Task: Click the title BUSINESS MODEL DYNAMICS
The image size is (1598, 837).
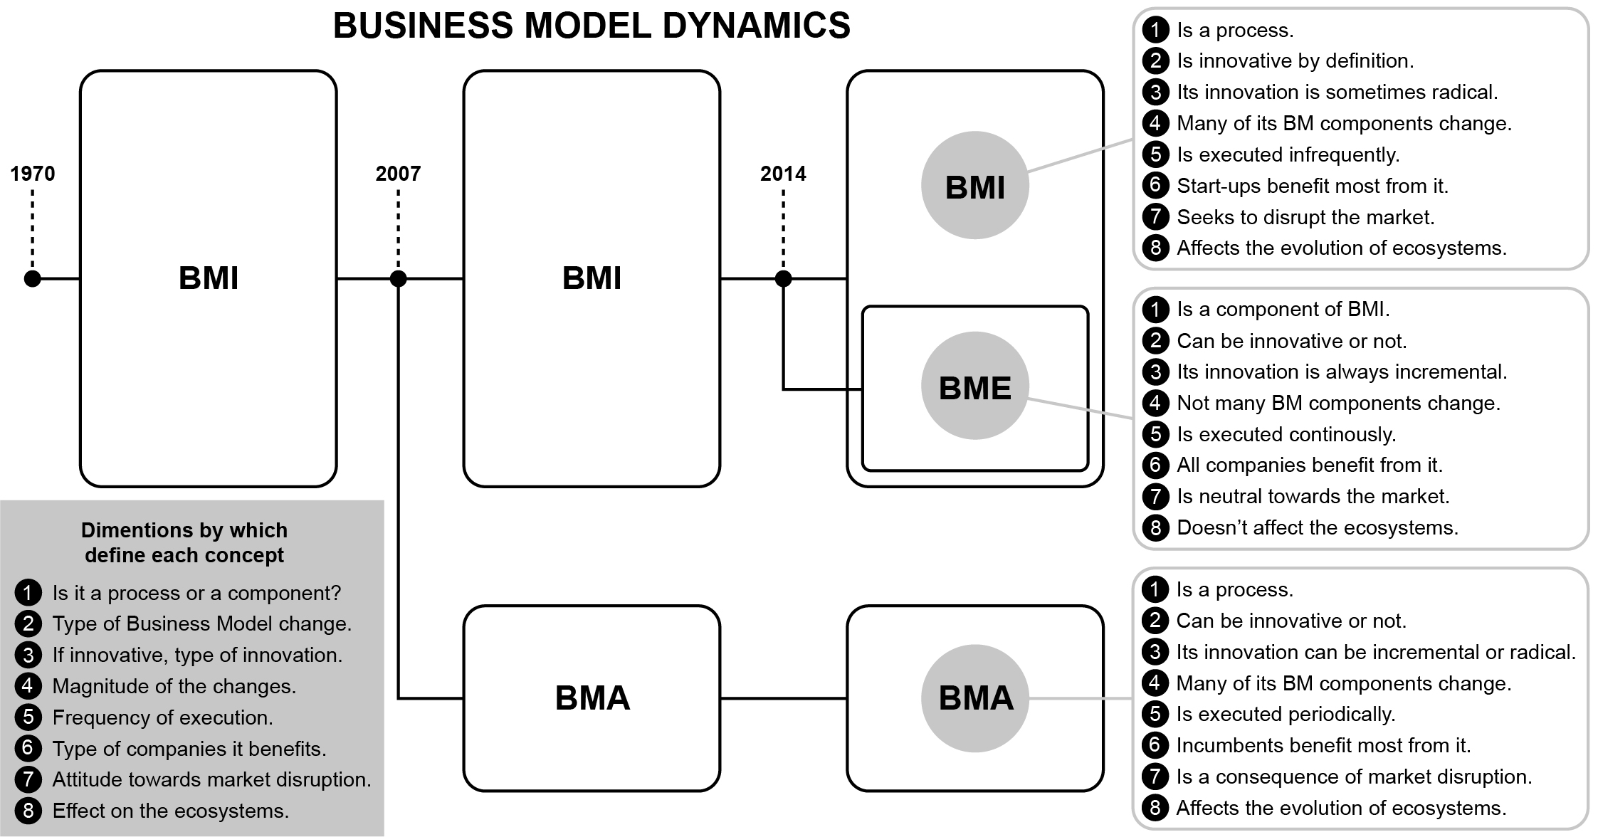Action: pyautogui.click(x=592, y=26)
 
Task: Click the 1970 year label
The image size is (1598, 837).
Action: pyautogui.click(x=33, y=174)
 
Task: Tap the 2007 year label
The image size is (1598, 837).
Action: pyautogui.click(x=398, y=174)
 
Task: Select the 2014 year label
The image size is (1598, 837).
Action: pyautogui.click(x=783, y=174)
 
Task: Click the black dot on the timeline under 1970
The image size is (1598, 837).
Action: pyautogui.click(x=33, y=279)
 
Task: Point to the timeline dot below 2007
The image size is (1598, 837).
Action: pyautogui.click(x=398, y=279)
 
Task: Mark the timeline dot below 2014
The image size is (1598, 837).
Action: pyautogui.click(x=783, y=279)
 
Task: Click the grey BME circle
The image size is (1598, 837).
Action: pyautogui.click(x=974, y=386)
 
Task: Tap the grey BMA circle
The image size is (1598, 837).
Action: pyautogui.click(x=974, y=698)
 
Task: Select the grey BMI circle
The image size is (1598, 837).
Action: pyautogui.click(x=974, y=185)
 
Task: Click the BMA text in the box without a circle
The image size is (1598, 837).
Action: pyautogui.click(x=592, y=698)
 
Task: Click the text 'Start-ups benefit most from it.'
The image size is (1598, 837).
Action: pyautogui.click(x=1312, y=186)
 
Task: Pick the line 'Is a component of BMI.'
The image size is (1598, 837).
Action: pyautogui.click(x=1283, y=310)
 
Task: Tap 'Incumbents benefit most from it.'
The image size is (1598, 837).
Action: pyautogui.click(x=1323, y=745)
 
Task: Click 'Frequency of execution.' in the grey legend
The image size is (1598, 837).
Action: pyautogui.click(x=162, y=717)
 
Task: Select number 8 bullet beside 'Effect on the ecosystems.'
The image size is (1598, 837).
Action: pyautogui.click(x=28, y=811)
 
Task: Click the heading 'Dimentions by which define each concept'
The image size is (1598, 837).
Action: pyautogui.click(x=184, y=542)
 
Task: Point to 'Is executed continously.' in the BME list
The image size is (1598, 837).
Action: pyautogui.click(x=1286, y=434)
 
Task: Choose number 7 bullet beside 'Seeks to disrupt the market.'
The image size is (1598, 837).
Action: pyautogui.click(x=1155, y=216)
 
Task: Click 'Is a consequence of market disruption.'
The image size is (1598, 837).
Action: pyautogui.click(x=1354, y=777)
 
